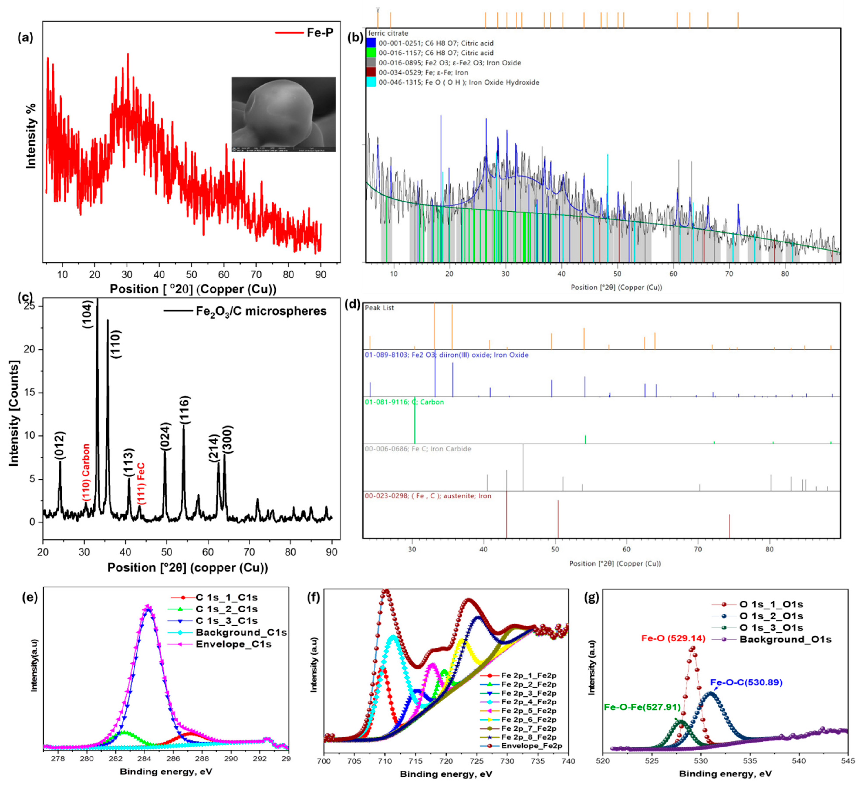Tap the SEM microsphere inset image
point(283,114)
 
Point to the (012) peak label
point(60,446)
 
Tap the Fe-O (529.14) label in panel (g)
point(673,638)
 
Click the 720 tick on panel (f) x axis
point(446,761)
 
